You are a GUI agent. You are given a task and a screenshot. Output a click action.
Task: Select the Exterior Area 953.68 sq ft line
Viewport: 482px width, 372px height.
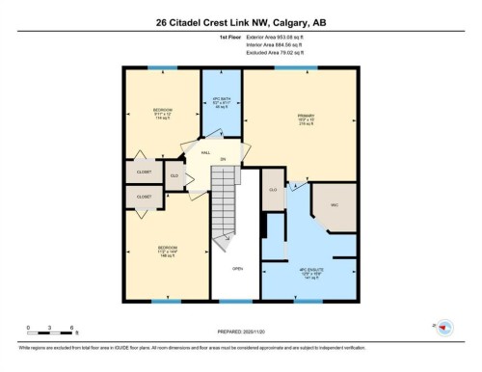point(281,36)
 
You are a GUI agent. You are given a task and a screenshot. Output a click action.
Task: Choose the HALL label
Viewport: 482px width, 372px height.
point(205,153)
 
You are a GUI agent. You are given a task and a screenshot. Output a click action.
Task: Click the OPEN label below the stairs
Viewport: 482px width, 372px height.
point(237,269)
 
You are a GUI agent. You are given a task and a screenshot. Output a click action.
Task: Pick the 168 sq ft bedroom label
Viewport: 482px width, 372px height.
point(167,252)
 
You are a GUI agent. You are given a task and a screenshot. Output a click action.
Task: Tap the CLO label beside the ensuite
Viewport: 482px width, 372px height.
point(273,191)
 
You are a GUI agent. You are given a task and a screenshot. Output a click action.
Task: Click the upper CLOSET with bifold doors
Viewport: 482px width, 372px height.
point(143,172)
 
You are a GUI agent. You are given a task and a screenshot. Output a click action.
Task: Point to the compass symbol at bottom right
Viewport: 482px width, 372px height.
point(444,329)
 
